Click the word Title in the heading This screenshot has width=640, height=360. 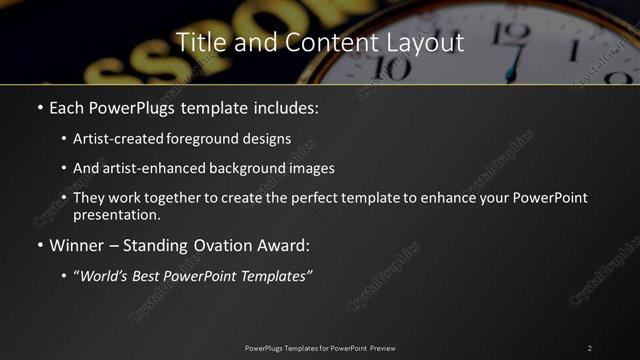coord(199,42)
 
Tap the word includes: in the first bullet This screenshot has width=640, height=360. coord(283,106)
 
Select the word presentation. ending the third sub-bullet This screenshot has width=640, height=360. coord(116,214)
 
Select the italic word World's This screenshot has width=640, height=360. coord(107,275)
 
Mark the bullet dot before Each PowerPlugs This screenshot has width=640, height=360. coord(39,107)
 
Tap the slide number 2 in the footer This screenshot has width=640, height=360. coord(589,347)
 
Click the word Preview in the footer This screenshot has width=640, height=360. coord(382,347)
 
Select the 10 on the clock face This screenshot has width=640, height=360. coord(394,68)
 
